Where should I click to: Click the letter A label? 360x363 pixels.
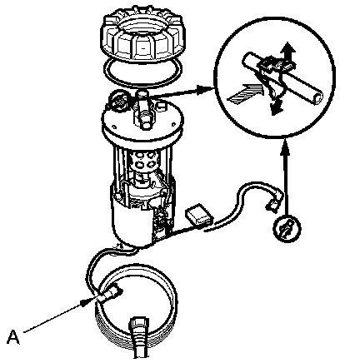click(13, 337)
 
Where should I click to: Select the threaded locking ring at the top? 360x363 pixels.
click(142, 37)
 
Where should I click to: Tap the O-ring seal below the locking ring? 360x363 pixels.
click(143, 71)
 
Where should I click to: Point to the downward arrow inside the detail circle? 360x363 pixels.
click(276, 105)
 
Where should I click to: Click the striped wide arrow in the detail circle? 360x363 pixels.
click(244, 94)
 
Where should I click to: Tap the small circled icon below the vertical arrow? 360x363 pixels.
click(287, 229)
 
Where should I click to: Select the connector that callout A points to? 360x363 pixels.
click(108, 295)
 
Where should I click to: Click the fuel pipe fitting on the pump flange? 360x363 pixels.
click(144, 111)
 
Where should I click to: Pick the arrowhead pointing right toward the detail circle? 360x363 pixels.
click(204, 90)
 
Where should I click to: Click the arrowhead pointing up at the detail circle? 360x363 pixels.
click(286, 147)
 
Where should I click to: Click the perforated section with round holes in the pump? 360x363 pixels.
click(145, 162)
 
